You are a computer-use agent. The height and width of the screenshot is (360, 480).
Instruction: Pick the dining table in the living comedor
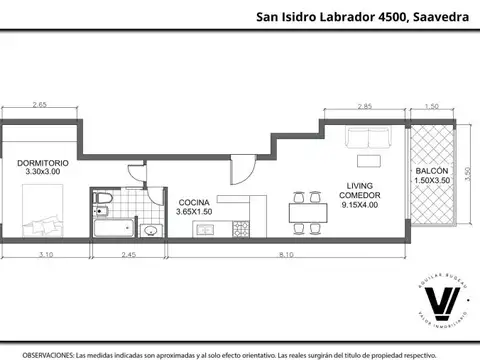(x=306, y=211)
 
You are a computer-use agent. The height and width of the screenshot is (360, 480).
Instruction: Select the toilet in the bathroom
(x=103, y=204)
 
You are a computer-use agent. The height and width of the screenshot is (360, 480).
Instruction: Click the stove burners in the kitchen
(x=240, y=230)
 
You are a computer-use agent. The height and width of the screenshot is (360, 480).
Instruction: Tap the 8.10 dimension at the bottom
(x=286, y=256)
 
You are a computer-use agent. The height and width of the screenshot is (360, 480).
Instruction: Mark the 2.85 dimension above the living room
(x=365, y=105)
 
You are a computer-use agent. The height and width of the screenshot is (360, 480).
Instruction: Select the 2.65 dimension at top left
(x=39, y=105)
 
